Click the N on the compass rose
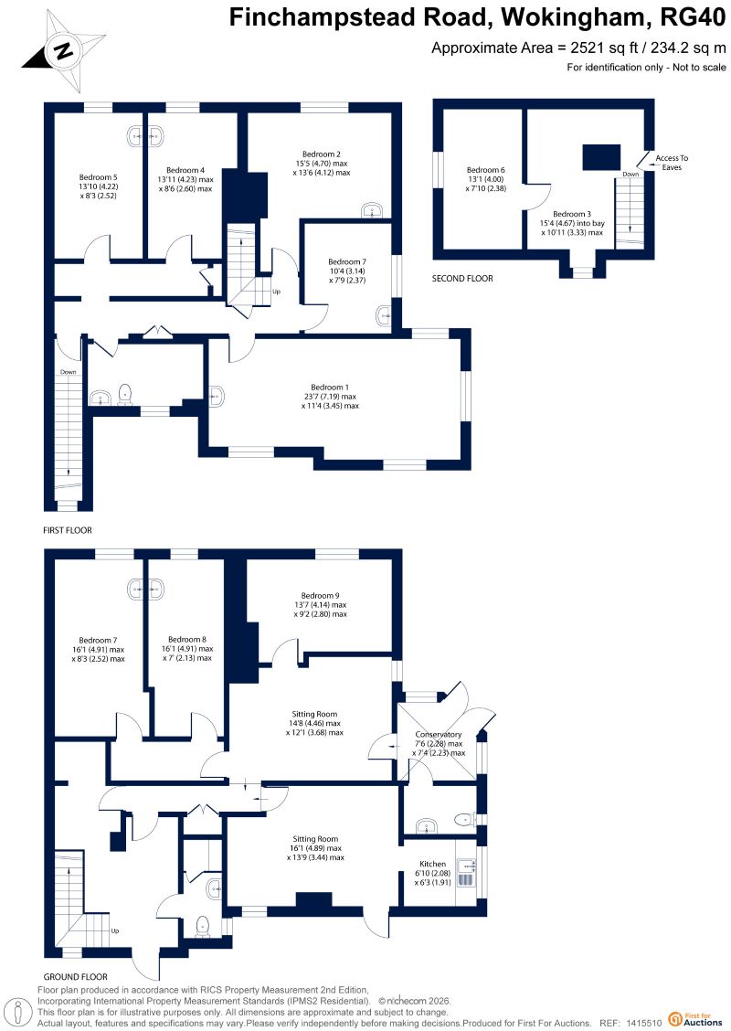pos(64,50)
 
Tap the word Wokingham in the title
pos(575,17)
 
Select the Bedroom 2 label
pos(322,154)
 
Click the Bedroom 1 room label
pos(330,388)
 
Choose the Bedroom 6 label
pos(486,170)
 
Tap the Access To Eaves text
pos(672,163)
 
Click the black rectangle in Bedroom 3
pos(601,157)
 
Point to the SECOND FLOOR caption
pos(462,278)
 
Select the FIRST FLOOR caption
pos(68,530)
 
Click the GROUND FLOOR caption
pos(76,976)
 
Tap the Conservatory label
pos(439,735)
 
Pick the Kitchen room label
pos(432,864)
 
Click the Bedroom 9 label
pos(320,596)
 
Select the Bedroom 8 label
pos(187,639)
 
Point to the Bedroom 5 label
pos(98,177)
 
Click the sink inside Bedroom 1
pos(216,396)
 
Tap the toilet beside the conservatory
pos(465,819)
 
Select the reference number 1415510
pos(644,1023)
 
